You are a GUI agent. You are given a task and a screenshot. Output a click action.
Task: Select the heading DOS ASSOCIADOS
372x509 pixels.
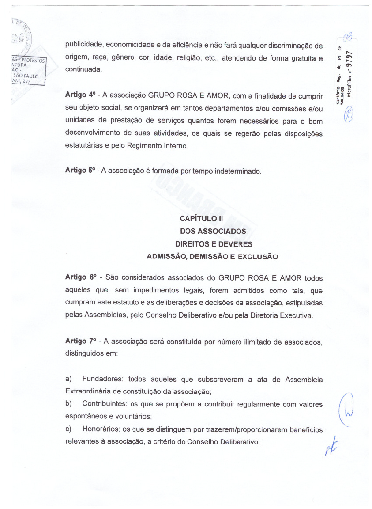pos(213,231)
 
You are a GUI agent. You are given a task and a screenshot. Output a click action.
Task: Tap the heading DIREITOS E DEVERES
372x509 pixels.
pos(214,244)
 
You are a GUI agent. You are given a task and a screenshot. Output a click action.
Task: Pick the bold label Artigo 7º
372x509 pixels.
pos(80,341)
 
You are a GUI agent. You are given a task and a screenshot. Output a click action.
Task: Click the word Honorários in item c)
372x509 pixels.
pos(101,429)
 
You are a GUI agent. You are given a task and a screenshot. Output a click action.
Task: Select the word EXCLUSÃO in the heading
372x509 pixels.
pos(259,256)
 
